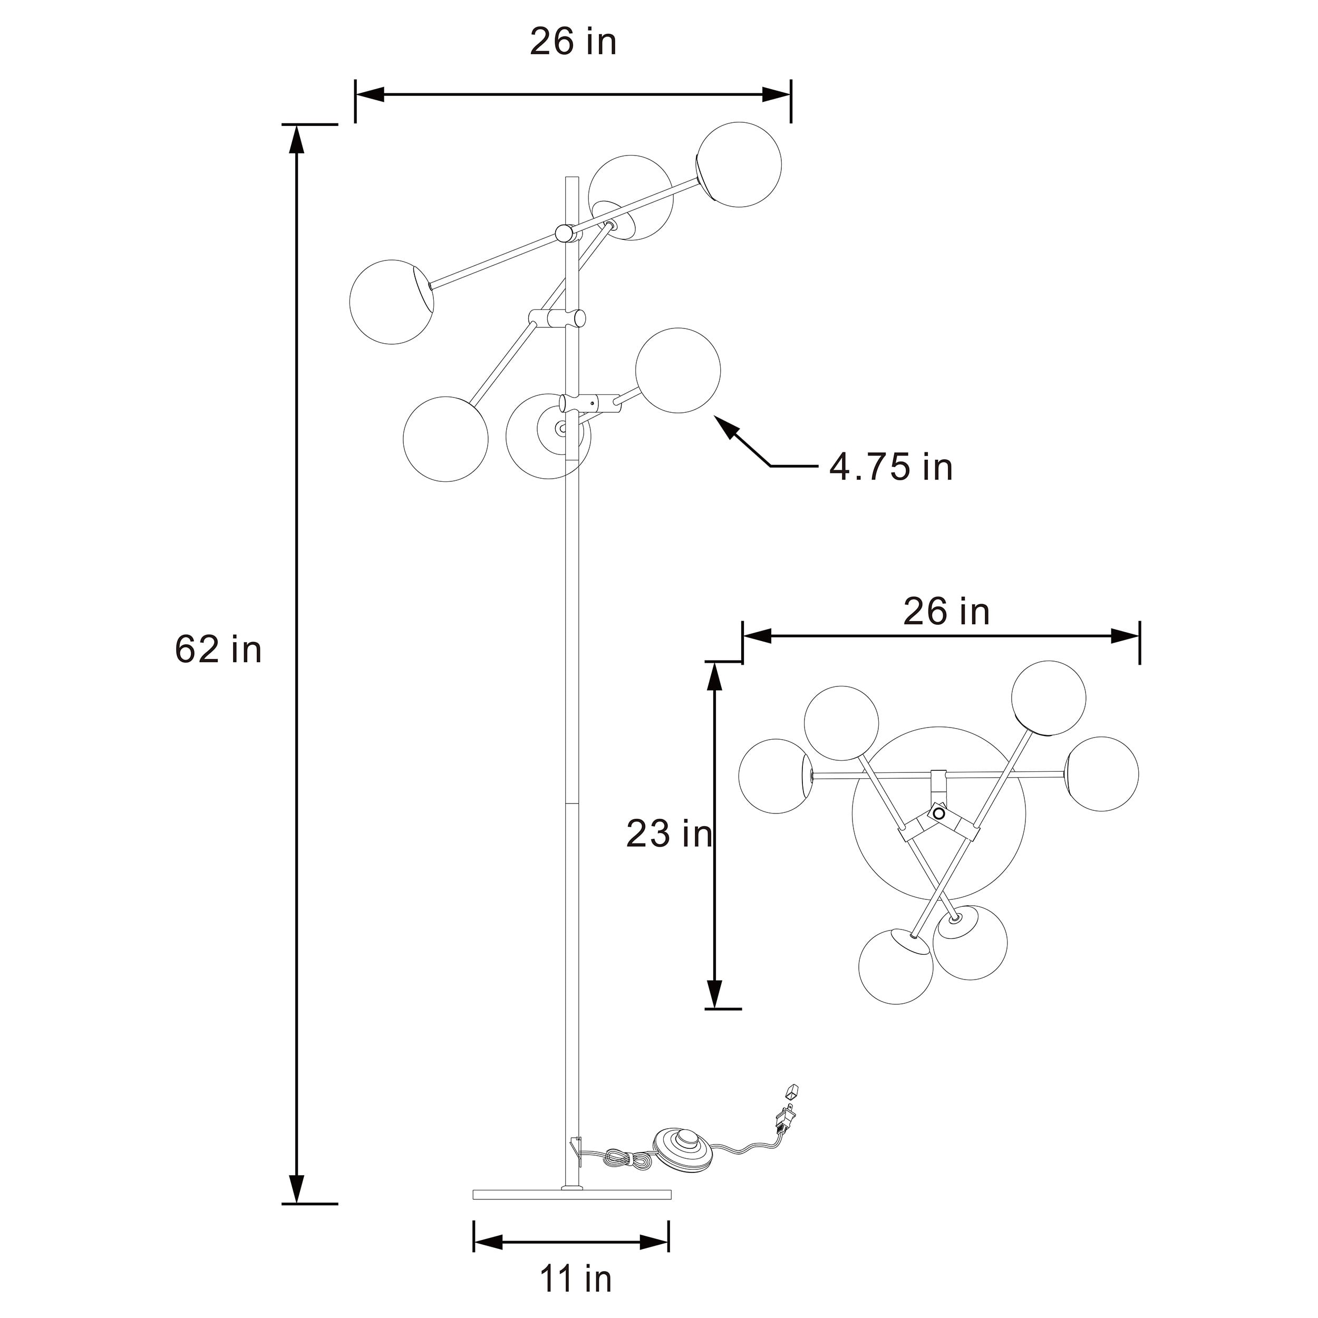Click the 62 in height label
tap(218, 649)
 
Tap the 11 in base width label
tap(575, 1278)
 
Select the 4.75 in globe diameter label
tap(890, 467)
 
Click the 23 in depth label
tap(668, 834)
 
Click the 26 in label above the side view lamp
tap(573, 42)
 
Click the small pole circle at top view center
tap(939, 813)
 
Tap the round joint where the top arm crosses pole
tap(564, 234)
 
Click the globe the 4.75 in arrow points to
tap(677, 371)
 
